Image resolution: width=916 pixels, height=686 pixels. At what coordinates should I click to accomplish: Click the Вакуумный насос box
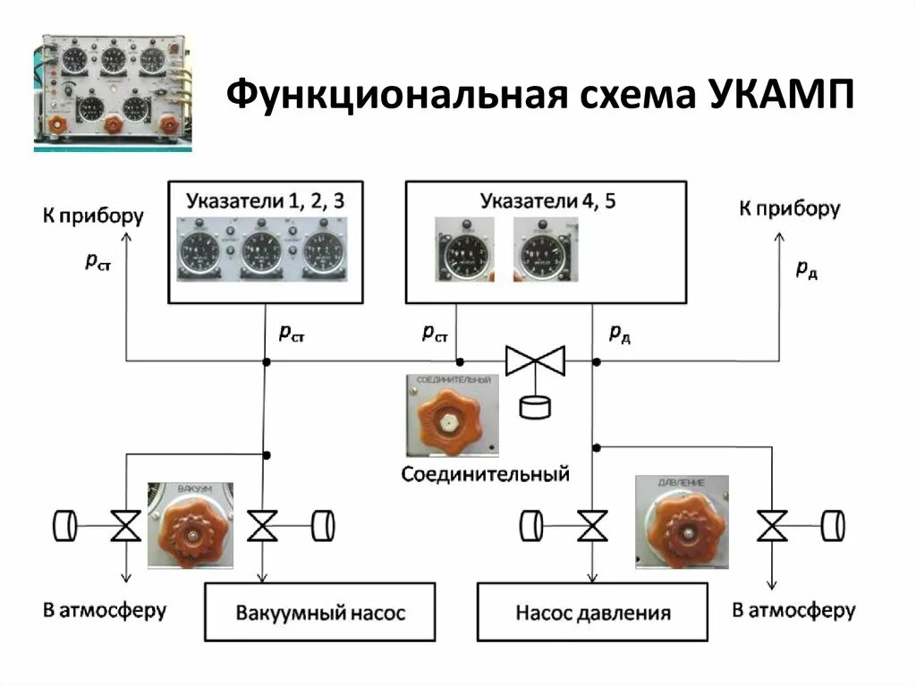pos(320,613)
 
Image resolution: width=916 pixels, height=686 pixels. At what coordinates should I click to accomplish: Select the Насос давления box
pos(592,613)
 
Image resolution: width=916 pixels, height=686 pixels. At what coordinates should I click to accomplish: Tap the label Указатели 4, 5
pos(547,199)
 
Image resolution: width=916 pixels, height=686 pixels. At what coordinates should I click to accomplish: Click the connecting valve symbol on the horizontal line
pos(536,361)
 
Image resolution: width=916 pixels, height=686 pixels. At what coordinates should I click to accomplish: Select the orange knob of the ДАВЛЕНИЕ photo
pos(690,529)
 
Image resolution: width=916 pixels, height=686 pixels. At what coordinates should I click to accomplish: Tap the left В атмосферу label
pos(105,611)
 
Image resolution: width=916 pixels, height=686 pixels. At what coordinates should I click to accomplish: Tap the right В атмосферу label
pos(793,611)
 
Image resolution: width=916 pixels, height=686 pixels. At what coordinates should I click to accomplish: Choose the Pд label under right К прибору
pos(806,268)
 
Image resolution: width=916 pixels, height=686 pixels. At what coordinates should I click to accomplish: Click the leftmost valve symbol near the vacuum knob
pos(125,526)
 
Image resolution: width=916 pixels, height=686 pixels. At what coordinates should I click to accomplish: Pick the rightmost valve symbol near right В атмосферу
pos(771,526)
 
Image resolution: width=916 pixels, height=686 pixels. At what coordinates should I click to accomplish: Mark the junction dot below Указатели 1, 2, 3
pos(266,361)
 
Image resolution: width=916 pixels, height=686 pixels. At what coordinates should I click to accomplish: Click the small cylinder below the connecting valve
pos(536,406)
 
